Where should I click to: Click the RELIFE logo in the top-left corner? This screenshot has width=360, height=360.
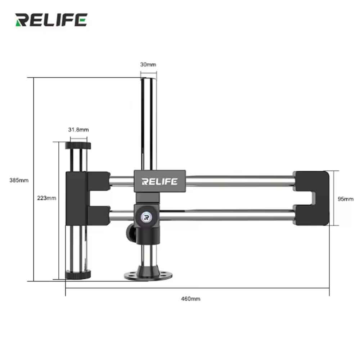51,20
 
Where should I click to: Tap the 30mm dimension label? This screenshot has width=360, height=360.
148,64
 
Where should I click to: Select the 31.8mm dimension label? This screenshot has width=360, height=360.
78,130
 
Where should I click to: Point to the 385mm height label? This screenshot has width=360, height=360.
19,180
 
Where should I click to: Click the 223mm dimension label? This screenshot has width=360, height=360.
46,198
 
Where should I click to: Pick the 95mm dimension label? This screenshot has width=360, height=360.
346,199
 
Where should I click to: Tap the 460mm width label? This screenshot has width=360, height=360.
190,299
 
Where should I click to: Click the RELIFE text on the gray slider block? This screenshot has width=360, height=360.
159,181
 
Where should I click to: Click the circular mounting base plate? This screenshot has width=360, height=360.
148,275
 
